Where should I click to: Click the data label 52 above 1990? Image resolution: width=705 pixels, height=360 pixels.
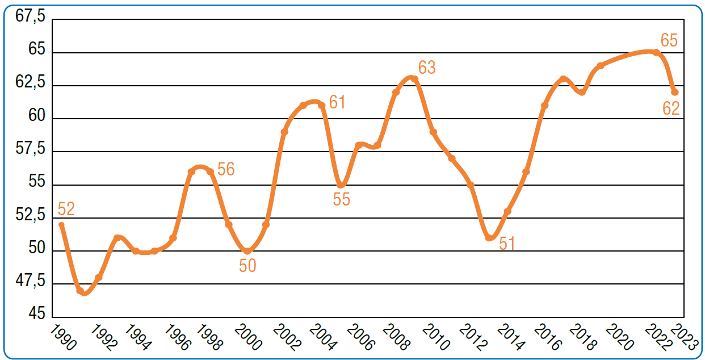[x=66, y=209]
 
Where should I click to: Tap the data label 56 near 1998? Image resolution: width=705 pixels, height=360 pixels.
[x=226, y=169]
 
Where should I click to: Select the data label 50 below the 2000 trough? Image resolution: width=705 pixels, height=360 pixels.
[x=247, y=265]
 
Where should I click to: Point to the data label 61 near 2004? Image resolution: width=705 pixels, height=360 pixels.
[x=337, y=103]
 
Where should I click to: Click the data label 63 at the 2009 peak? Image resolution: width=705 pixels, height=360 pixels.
[x=427, y=68]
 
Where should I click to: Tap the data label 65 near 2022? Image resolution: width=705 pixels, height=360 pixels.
[x=669, y=41]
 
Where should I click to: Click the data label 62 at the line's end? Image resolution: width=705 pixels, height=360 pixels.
[x=671, y=108]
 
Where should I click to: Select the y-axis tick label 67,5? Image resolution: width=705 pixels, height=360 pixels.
[x=30, y=16]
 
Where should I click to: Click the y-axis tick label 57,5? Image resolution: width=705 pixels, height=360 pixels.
[x=30, y=149]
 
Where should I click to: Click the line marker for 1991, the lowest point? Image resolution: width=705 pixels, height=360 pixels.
[x=80, y=291]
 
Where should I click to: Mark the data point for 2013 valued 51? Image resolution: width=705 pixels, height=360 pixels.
[x=489, y=238]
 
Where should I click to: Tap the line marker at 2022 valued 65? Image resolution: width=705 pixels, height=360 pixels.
[x=656, y=53]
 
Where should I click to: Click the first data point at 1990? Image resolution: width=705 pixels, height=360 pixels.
[x=61, y=225]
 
